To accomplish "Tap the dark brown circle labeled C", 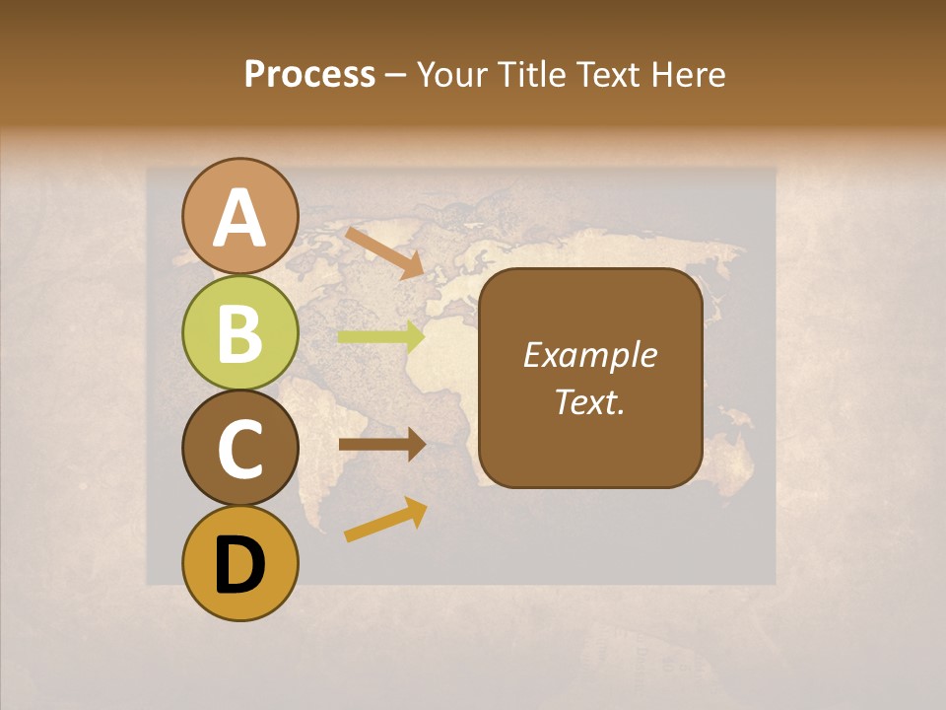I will pos(240,448).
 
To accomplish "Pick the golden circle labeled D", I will pos(240,563).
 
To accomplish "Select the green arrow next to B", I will pos(381,336).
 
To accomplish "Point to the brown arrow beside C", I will pos(381,444).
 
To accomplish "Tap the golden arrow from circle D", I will pos(385,520).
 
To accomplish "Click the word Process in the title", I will pos(309,74).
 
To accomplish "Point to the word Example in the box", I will pos(589,355).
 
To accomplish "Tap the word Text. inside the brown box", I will pos(589,401).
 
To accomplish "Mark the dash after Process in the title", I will pos(396,76).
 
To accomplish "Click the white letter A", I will pos(240,218).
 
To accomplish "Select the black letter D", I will pos(240,565).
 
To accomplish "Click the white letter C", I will pos(240,450).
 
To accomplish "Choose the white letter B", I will pos(240,334).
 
